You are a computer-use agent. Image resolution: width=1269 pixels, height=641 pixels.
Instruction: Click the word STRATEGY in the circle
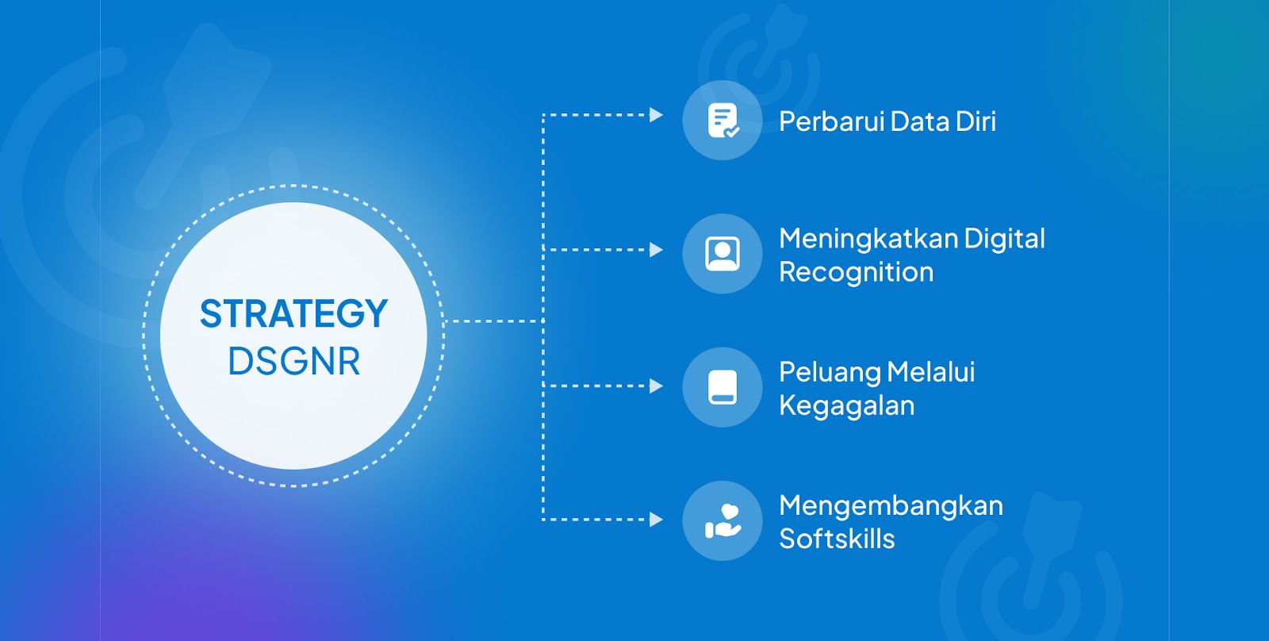pos(293,313)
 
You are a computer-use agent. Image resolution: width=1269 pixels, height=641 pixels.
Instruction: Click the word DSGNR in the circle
pos(294,361)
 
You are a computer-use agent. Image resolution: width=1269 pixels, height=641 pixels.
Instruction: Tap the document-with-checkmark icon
pos(723,120)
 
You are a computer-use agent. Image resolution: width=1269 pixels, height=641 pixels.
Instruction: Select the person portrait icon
pos(723,253)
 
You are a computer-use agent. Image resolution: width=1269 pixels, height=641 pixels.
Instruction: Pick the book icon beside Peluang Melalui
pos(723,387)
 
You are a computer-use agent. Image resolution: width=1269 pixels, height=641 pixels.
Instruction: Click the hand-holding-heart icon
pos(723,521)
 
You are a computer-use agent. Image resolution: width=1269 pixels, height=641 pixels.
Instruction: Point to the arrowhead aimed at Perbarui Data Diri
pos(656,115)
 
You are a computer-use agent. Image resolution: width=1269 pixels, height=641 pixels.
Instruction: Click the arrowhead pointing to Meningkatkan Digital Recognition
pos(656,250)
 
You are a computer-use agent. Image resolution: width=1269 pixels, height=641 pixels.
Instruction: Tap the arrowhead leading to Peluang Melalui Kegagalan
pos(656,386)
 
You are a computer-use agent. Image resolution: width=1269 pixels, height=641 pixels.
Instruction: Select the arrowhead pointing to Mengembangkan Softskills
pos(656,520)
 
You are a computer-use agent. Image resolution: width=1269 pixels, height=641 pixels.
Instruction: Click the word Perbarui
pos(830,121)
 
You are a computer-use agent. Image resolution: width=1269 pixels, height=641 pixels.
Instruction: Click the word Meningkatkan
pos(868,239)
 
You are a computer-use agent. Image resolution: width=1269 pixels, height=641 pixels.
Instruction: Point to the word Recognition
pos(856,272)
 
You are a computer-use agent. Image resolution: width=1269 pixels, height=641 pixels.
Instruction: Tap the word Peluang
pos(830,373)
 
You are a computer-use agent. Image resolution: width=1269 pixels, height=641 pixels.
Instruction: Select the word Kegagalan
pos(846,406)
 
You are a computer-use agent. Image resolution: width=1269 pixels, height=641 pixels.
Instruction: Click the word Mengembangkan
pos(891,506)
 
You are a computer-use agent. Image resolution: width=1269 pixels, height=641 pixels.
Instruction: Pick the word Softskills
pos(837,538)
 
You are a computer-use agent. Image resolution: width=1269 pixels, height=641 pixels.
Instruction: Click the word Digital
pos(1004,239)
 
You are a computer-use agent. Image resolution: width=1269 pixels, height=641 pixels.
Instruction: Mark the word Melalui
pos(931,372)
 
